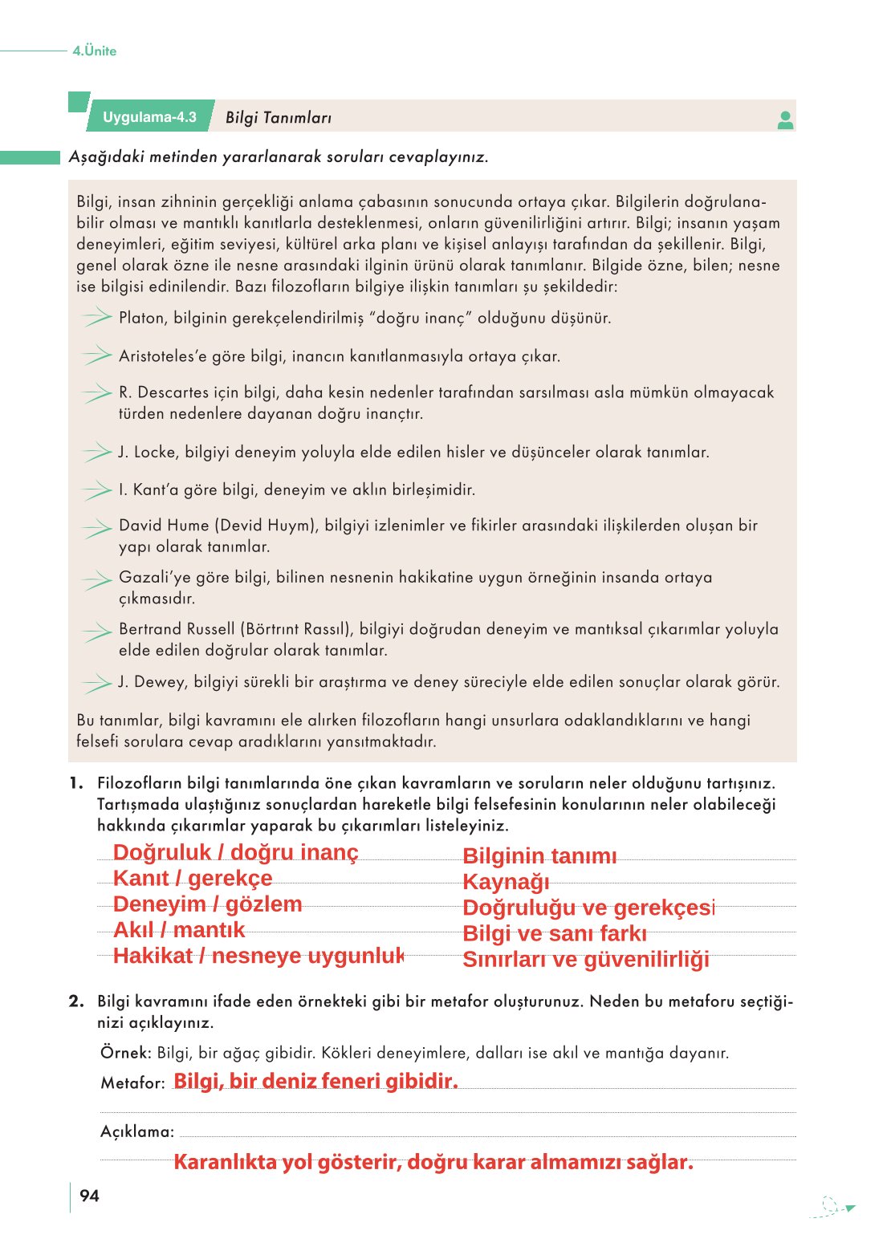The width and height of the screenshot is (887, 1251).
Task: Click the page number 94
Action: point(89,1196)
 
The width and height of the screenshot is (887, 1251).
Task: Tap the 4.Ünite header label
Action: point(94,51)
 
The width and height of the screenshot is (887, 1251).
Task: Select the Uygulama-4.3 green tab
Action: point(149,117)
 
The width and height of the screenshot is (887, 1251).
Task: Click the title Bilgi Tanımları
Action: point(278,118)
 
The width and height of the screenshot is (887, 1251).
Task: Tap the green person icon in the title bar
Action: point(785,120)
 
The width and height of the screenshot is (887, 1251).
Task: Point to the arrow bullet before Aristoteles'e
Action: point(96,355)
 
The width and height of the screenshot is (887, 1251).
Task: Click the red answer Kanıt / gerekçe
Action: point(193,878)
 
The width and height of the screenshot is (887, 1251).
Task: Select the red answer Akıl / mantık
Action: point(179,930)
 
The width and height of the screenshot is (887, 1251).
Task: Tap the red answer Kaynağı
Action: point(506,882)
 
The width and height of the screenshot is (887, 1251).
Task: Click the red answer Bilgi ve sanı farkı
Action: point(555,933)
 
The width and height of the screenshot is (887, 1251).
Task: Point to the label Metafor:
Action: point(132,1082)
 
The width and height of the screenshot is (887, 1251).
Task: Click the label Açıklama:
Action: point(137,1131)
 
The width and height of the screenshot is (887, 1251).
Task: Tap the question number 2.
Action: point(76,1001)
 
